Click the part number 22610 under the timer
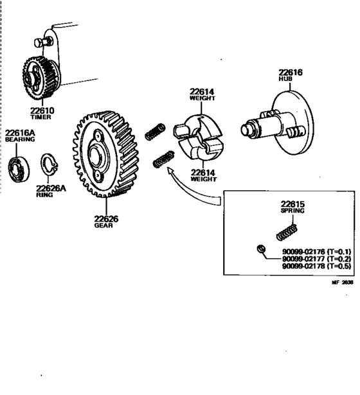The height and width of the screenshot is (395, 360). click(x=43, y=110)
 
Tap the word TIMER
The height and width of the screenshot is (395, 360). click(x=43, y=118)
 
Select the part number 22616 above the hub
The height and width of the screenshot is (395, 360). click(x=290, y=73)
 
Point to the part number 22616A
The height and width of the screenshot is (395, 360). click(x=20, y=134)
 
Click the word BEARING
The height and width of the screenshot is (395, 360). click(x=19, y=141)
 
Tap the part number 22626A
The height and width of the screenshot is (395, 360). click(x=51, y=188)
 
